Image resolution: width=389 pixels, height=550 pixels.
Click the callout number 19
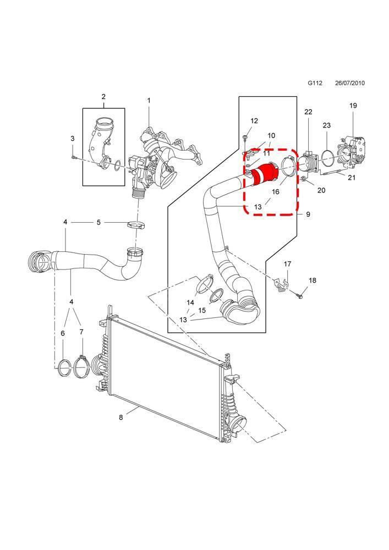[353, 105]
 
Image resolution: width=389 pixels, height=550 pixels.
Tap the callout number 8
[120, 417]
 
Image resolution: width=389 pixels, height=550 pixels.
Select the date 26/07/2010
[350, 83]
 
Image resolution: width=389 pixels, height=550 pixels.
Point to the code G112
[315, 83]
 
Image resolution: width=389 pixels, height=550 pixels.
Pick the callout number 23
[327, 125]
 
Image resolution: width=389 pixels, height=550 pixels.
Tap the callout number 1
[149, 101]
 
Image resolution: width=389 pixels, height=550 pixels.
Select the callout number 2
[103, 96]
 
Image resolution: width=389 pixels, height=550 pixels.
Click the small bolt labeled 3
[73, 157]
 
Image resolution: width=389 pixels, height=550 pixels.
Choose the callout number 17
[287, 264]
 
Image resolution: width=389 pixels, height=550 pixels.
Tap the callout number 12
[254, 120]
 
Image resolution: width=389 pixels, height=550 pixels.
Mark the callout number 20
[321, 190]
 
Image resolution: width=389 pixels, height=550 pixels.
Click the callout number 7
[81, 332]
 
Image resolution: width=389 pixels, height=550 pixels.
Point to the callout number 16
[275, 191]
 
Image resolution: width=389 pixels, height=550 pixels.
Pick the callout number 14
[190, 302]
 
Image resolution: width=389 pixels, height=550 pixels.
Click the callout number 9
[308, 214]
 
